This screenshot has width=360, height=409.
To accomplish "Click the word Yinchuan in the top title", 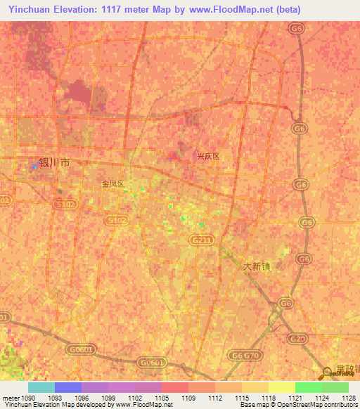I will pyautogui.click(x=29, y=10).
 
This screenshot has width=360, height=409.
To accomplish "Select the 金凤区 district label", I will pyautogui.click(x=112, y=184).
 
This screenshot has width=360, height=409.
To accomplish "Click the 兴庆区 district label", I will pyautogui.click(x=207, y=157).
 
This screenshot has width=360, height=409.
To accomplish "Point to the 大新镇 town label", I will pyautogui.click(x=256, y=267).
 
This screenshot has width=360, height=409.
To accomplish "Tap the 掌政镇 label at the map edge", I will pyautogui.click(x=347, y=369).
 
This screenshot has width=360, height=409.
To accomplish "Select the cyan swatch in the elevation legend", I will pyautogui.click(x=41, y=387).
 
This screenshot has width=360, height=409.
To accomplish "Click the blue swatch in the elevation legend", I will pyautogui.click(x=68, y=387).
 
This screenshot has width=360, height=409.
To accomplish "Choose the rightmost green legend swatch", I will pyautogui.click(x=335, y=387).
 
